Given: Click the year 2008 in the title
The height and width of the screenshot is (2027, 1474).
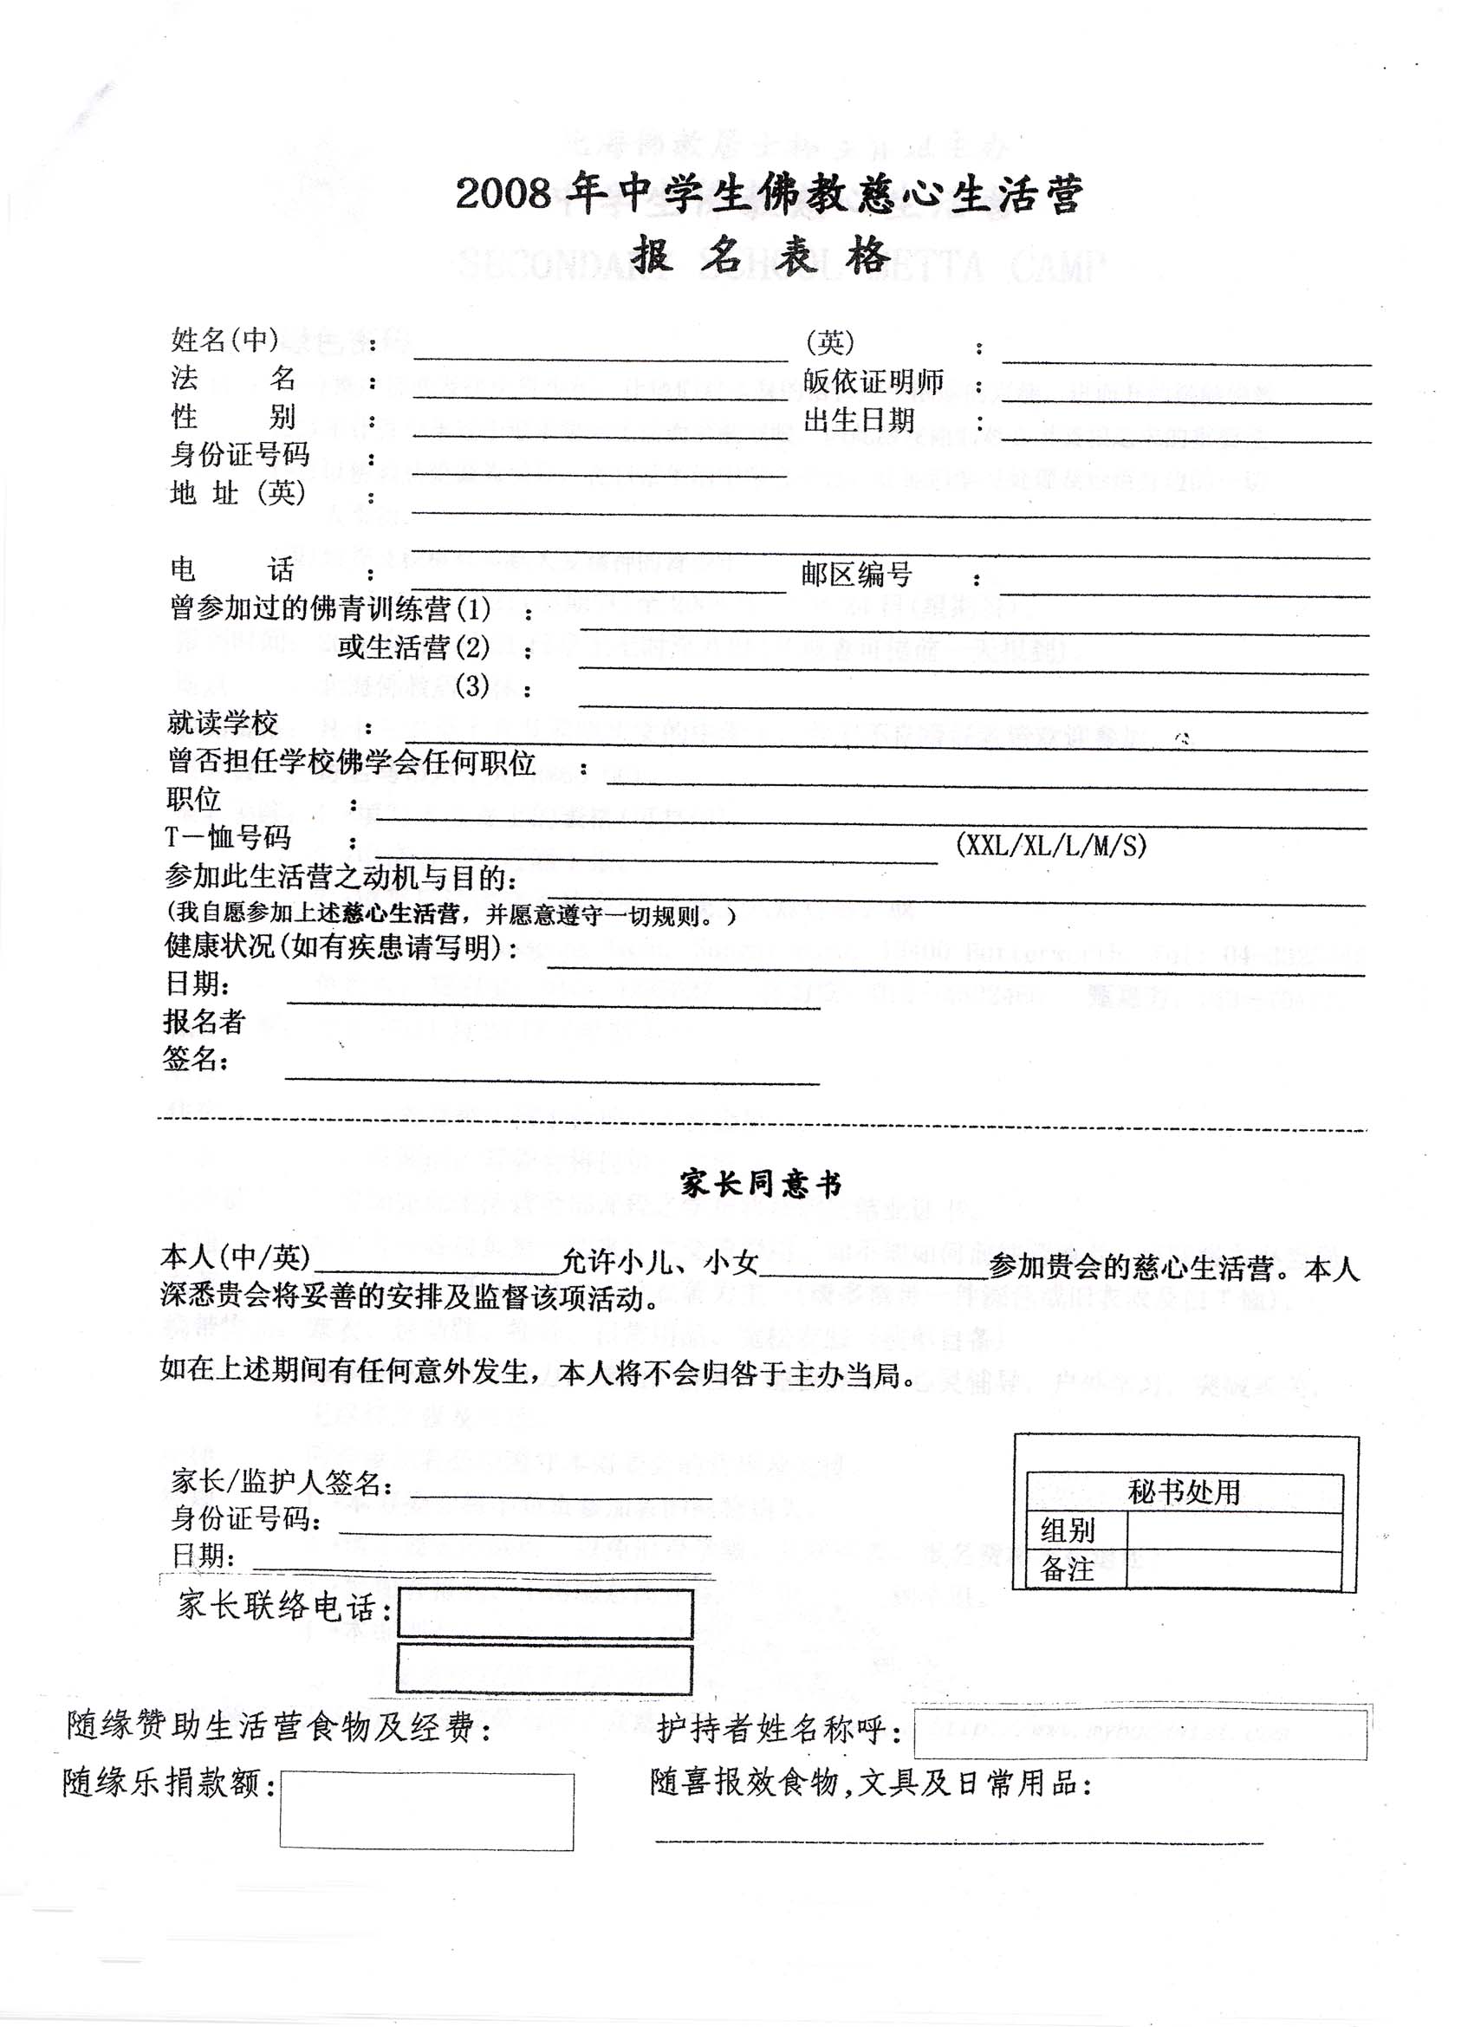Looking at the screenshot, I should point(502,194).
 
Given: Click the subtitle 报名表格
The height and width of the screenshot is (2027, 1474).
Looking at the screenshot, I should point(761,257).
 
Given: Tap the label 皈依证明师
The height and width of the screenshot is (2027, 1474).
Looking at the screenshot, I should point(873,381).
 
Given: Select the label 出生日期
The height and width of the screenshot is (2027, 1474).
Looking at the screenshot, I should point(859,420).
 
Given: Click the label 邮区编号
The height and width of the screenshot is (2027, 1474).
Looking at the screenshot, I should point(856,575).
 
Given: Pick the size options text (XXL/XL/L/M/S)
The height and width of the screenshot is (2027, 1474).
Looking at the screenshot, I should point(1051,845).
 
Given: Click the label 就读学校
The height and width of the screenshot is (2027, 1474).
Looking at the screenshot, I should point(223,722).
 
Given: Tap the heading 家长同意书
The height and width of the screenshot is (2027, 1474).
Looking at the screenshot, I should point(761,1186).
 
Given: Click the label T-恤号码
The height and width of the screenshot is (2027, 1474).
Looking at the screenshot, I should point(228,837).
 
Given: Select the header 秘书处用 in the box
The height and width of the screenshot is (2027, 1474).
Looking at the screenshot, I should point(1184,1491).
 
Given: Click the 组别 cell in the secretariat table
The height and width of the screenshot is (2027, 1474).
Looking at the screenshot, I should point(1068,1531).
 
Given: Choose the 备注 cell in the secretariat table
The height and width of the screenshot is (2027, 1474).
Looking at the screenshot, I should point(1068,1570).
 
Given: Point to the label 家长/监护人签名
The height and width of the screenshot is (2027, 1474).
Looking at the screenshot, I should point(281,1482).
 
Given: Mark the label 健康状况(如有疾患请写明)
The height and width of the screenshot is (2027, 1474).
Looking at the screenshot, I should point(341,946).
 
